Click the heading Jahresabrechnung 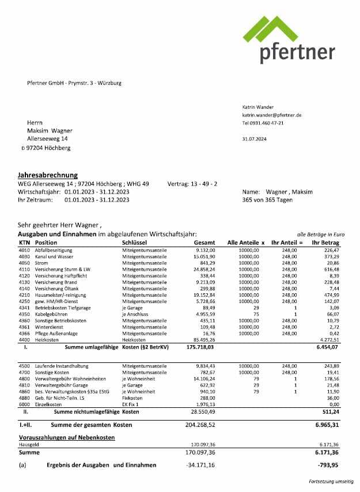tap(48, 175)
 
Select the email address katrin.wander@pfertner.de tap(272, 115)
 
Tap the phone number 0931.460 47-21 tap(267, 123)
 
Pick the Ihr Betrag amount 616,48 tap(331, 269)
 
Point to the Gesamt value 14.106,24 tap(203, 377)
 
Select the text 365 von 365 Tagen tap(268, 200)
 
